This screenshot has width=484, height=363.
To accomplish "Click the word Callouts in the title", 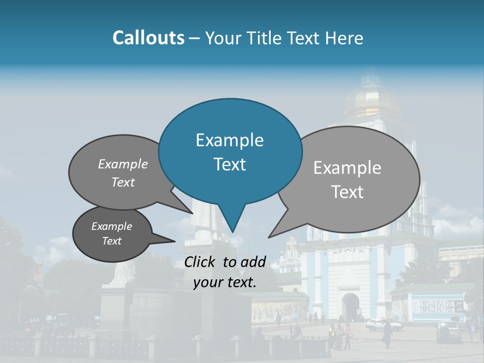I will click(148, 38).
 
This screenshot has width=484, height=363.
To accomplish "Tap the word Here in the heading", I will click(344, 38).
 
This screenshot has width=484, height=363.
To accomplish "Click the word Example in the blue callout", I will click(229, 140).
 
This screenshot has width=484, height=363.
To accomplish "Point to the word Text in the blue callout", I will click(229, 164).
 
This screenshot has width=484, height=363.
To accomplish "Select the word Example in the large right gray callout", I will click(347, 168).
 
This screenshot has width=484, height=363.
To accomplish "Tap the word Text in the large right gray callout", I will click(347, 192).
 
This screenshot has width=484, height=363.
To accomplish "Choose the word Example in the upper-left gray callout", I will click(123, 164).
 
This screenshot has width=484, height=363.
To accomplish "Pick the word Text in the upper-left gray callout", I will click(123, 182).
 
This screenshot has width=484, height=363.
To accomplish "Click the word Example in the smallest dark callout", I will click(111, 226).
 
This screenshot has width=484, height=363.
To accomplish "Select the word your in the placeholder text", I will click(208, 283).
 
